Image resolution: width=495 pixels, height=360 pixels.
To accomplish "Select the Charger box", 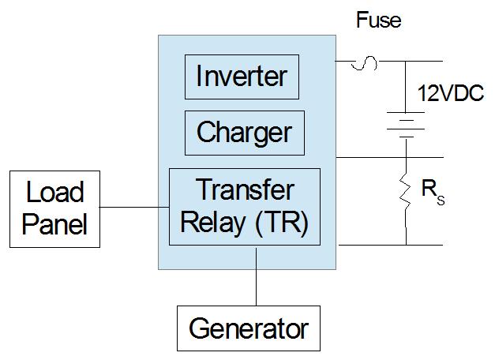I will (x=243, y=132).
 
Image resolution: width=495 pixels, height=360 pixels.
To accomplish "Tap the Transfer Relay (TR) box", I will (x=245, y=206).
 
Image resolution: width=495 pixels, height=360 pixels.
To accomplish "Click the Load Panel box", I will (x=54, y=208).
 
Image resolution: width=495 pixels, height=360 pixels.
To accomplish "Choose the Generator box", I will (x=248, y=327).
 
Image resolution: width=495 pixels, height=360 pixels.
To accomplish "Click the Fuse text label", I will (x=378, y=20).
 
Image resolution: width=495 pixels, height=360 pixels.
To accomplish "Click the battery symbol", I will (x=407, y=125).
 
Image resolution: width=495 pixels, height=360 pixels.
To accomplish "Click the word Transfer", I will (x=244, y=190).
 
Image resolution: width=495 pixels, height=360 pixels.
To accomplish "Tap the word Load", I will (x=54, y=192).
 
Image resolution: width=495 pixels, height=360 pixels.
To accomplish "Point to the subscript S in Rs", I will (x=441, y=201).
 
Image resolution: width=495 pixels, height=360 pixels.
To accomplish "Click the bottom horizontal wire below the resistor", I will (x=395, y=244).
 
